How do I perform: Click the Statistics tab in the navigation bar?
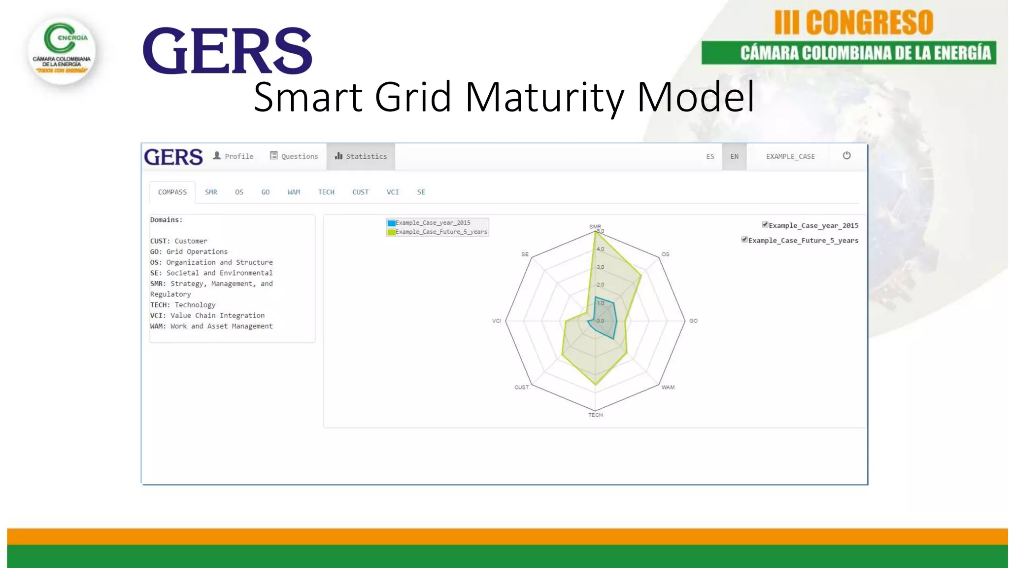coord(361,156)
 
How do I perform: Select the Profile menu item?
coord(233,156)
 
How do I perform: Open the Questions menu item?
coord(294,156)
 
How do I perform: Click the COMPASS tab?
coord(172,192)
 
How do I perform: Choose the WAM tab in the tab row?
coord(294,192)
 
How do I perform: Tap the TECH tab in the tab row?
coord(326,192)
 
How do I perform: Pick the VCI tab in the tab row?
coord(393,192)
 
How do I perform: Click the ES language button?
coord(710,156)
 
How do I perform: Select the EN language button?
coord(734,156)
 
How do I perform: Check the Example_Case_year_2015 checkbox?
coord(765,225)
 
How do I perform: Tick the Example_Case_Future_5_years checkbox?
coord(744,240)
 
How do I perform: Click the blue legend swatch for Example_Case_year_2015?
coord(391,223)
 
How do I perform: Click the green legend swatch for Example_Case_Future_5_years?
coord(391,232)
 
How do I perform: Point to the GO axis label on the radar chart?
coord(693,321)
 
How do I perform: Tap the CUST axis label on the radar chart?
coord(521,388)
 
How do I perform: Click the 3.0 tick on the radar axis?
coord(600,267)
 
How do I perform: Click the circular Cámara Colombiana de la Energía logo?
coord(62,51)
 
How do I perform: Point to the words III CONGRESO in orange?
coord(854,23)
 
